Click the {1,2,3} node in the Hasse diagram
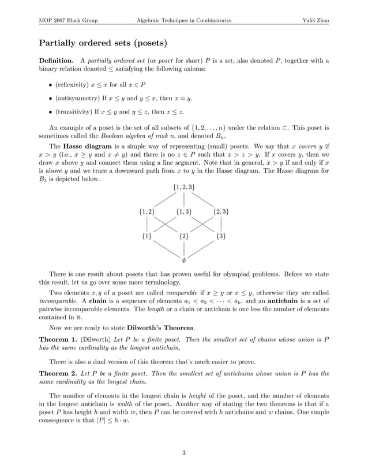(184, 187)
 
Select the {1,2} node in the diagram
(147, 211)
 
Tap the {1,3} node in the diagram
(184, 211)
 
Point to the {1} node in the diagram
(147, 236)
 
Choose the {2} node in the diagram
(184, 236)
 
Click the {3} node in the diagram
(221, 236)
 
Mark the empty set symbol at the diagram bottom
(184, 260)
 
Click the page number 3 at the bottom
(184, 453)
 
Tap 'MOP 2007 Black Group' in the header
(68, 21)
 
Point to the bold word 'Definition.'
(56, 61)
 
